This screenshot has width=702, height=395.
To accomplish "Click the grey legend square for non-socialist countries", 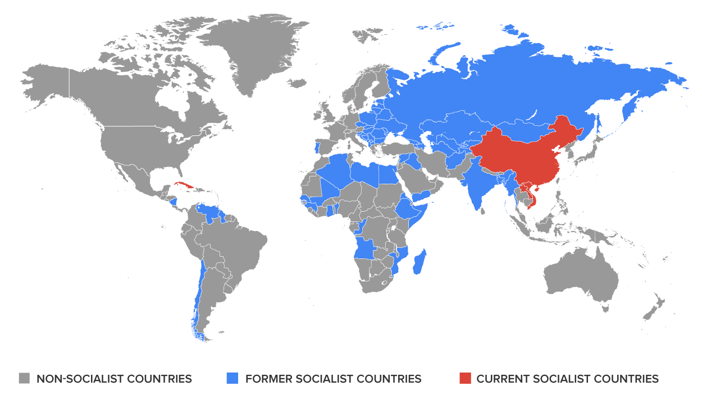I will click(24, 378).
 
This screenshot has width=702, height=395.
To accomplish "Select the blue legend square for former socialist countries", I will click(233, 378).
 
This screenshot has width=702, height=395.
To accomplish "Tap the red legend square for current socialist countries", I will click(464, 378).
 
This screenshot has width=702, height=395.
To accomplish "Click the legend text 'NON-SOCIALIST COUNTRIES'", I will click(114, 379).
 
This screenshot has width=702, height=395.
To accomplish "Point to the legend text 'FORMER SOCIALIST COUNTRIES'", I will click(333, 379).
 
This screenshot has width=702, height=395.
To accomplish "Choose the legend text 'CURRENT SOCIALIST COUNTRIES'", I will click(567, 379).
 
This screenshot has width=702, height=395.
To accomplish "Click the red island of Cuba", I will click(184, 185).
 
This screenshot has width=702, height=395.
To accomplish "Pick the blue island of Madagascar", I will click(419, 263).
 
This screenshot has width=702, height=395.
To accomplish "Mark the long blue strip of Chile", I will click(197, 298).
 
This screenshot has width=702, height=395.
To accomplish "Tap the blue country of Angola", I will click(366, 249).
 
